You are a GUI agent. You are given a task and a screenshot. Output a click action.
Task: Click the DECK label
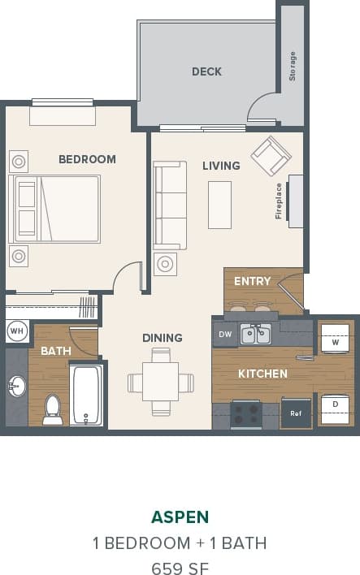206,71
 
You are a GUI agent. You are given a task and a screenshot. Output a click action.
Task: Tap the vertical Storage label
293,66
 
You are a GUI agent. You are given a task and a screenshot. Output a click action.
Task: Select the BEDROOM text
87,159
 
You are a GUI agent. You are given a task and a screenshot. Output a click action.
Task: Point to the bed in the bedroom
55,209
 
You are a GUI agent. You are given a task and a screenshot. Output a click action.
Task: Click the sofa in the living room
171,205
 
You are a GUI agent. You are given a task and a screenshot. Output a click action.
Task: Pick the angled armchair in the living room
270,156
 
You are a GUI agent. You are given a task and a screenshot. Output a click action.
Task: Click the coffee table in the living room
219,205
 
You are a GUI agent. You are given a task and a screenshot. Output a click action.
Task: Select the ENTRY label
252,281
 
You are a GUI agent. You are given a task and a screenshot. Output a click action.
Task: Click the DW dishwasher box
224,334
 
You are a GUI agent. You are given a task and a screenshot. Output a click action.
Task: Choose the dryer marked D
335,404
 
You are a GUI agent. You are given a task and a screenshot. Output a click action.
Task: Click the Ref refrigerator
296,413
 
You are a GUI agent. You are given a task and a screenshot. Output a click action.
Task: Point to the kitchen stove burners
245,413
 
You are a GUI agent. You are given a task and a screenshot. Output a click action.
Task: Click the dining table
161,382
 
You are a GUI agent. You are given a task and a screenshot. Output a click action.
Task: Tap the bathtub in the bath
86,395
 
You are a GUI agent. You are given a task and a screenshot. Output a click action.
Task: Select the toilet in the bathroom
53,409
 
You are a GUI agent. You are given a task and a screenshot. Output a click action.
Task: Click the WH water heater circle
16,331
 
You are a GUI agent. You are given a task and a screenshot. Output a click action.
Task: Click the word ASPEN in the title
180,517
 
